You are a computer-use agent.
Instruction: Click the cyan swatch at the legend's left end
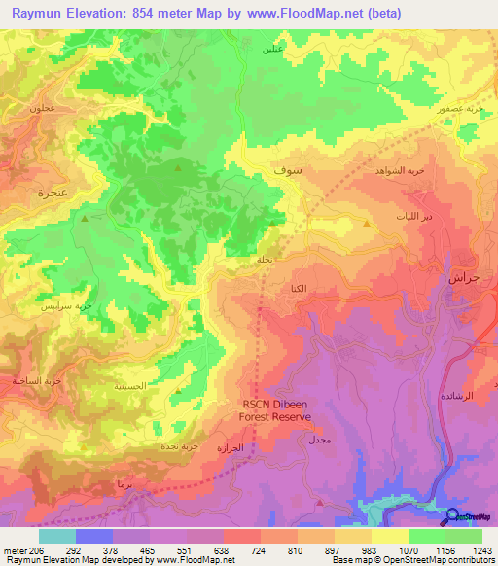(x=57, y=536)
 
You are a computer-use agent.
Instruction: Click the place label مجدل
(x=319, y=441)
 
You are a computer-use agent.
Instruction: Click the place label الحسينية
(x=128, y=386)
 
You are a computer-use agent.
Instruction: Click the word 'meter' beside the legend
(x=14, y=549)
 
